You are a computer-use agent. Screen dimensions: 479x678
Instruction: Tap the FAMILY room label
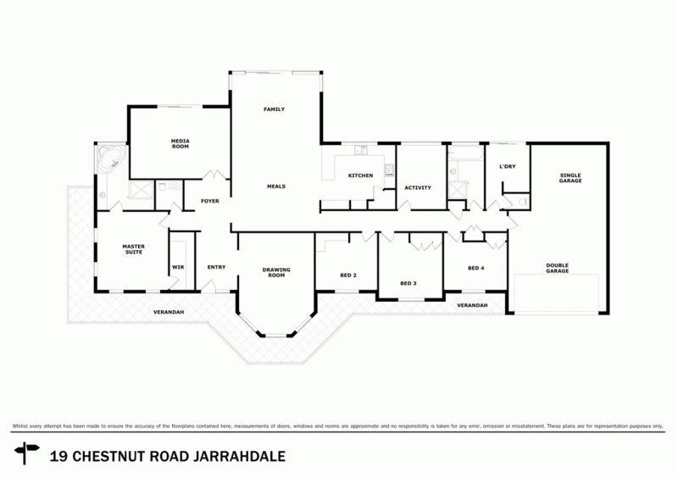tap(273, 110)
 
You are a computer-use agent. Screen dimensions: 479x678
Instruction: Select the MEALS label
tap(275, 185)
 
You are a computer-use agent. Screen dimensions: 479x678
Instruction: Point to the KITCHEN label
tap(360, 175)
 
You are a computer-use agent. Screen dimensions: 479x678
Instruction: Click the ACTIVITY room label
tap(418, 187)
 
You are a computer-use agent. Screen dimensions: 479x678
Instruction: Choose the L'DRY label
tap(507, 166)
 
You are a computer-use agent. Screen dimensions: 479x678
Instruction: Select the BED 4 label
tap(476, 269)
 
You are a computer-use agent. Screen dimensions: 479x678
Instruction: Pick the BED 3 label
tap(408, 283)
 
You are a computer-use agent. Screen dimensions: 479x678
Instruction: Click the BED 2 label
tap(348, 276)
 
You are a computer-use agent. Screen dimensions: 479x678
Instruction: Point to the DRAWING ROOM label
tap(276, 272)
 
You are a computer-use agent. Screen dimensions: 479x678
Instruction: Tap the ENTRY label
tap(216, 268)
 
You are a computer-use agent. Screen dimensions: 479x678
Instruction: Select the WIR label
tap(178, 268)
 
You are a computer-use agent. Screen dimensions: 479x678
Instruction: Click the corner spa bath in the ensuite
tap(108, 159)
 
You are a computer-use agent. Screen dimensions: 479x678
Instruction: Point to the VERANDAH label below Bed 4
tap(472, 305)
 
